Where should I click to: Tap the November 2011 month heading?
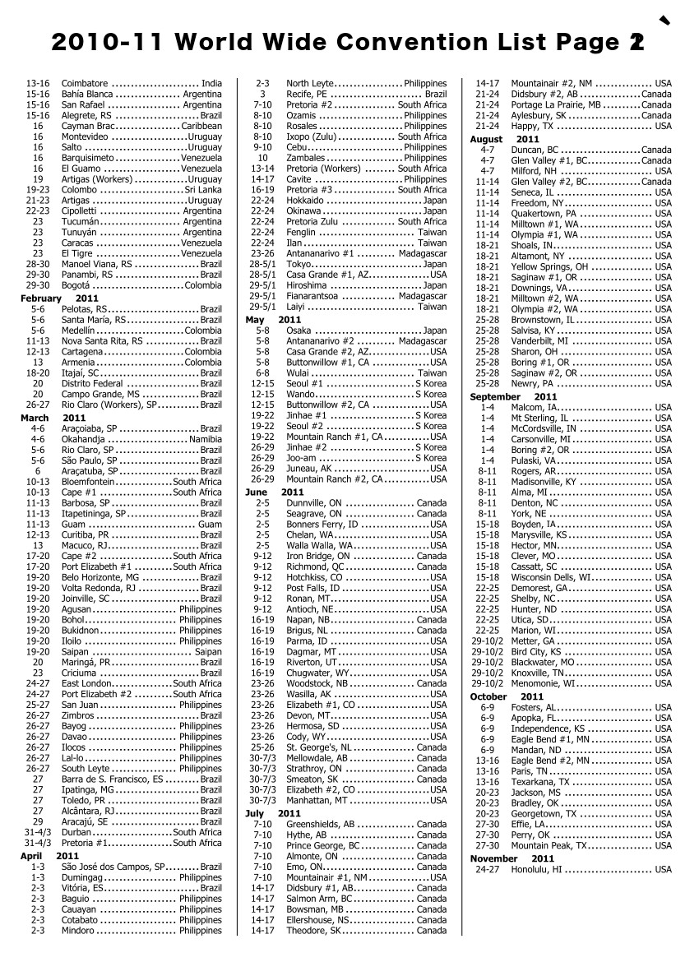[x=505, y=858]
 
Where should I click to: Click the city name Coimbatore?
[x=85, y=84]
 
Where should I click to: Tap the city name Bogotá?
[x=79, y=285]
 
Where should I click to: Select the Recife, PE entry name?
[x=308, y=95]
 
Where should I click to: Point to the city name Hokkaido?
[x=306, y=200]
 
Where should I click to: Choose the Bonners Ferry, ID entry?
[x=322, y=524]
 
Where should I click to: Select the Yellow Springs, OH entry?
[x=549, y=266]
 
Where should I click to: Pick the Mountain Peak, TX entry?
[x=549, y=845]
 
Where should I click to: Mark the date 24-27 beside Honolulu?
[x=488, y=869]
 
